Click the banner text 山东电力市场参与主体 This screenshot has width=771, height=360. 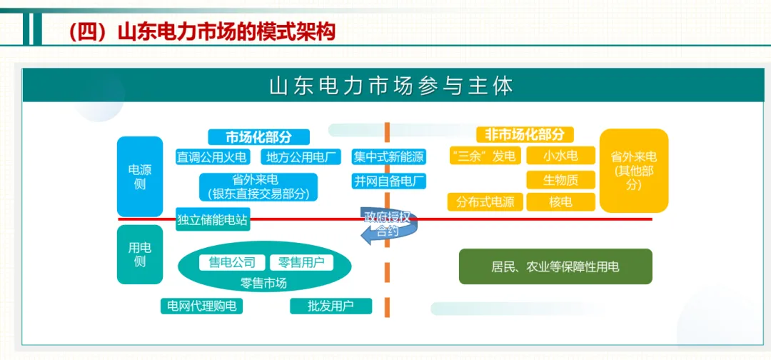click(x=391, y=86)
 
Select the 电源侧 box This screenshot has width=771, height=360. click(x=140, y=176)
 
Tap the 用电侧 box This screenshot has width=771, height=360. click(x=140, y=254)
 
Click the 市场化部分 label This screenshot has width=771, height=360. click(x=258, y=137)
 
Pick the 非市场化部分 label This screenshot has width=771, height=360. click(x=525, y=134)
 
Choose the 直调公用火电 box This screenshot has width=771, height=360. click(x=213, y=157)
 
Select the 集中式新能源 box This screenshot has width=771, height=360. click(x=388, y=157)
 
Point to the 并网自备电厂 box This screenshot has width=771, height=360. click(x=388, y=181)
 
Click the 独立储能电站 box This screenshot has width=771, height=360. click(x=212, y=220)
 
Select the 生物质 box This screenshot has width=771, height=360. click(x=560, y=179)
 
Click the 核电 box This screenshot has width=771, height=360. click(x=560, y=202)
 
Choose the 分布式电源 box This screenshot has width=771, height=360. click(x=485, y=202)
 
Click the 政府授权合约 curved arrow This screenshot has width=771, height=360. click(x=388, y=225)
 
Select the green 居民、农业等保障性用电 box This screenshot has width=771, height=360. click(x=555, y=267)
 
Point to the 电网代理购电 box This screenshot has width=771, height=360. click(x=201, y=306)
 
